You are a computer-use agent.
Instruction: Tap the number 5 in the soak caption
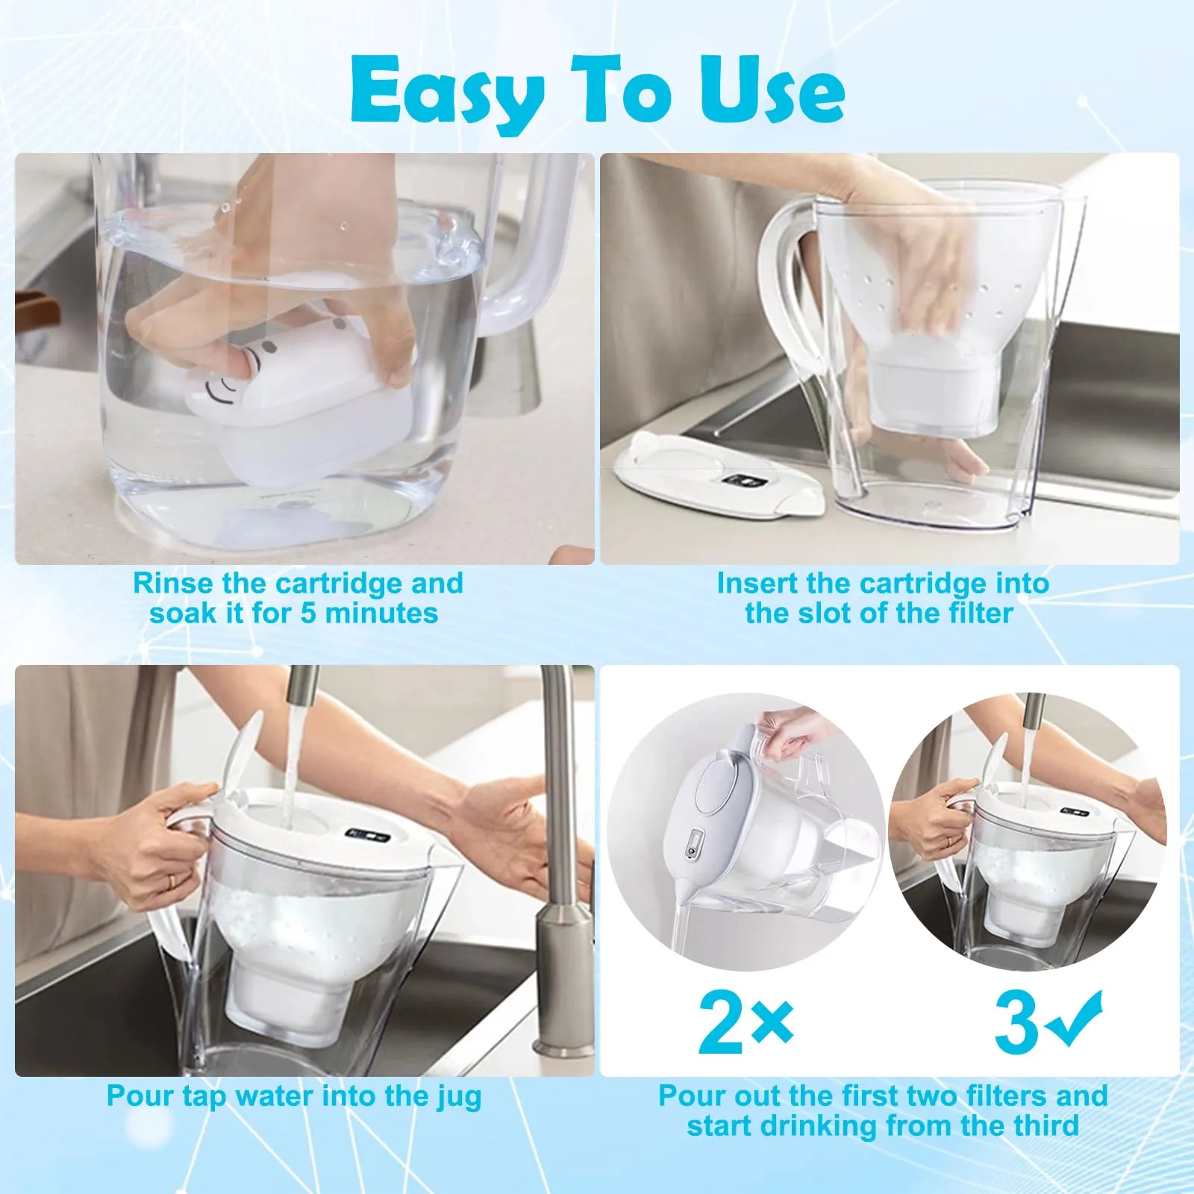pos(308,613)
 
